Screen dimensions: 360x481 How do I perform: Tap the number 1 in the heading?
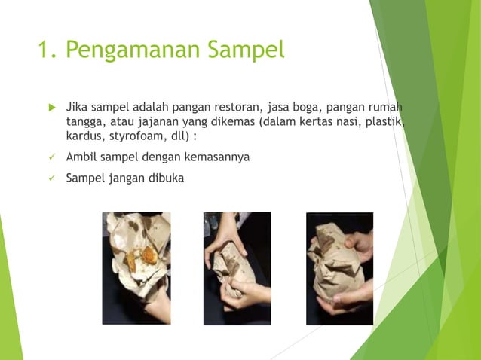[44, 50]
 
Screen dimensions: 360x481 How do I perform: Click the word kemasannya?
[214, 157]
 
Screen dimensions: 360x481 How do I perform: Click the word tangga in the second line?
[84, 121]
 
